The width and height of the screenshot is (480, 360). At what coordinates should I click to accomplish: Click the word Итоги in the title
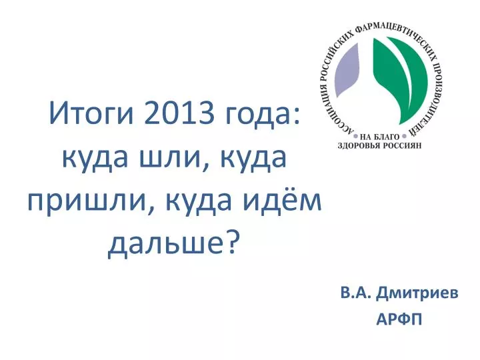(x=91, y=113)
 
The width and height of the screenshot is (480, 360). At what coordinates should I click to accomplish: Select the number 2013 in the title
(x=178, y=113)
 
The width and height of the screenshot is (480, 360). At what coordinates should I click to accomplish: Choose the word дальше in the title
(x=164, y=245)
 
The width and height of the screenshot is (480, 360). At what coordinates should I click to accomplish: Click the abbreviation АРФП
(x=399, y=319)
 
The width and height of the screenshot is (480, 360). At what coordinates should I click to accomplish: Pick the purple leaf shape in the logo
(x=347, y=72)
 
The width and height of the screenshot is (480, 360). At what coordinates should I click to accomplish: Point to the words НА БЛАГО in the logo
(x=380, y=137)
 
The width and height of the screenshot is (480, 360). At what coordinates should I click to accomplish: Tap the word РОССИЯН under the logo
(x=403, y=145)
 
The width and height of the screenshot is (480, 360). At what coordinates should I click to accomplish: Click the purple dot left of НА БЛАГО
(x=356, y=135)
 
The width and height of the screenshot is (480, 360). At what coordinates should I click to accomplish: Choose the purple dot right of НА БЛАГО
(x=404, y=135)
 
